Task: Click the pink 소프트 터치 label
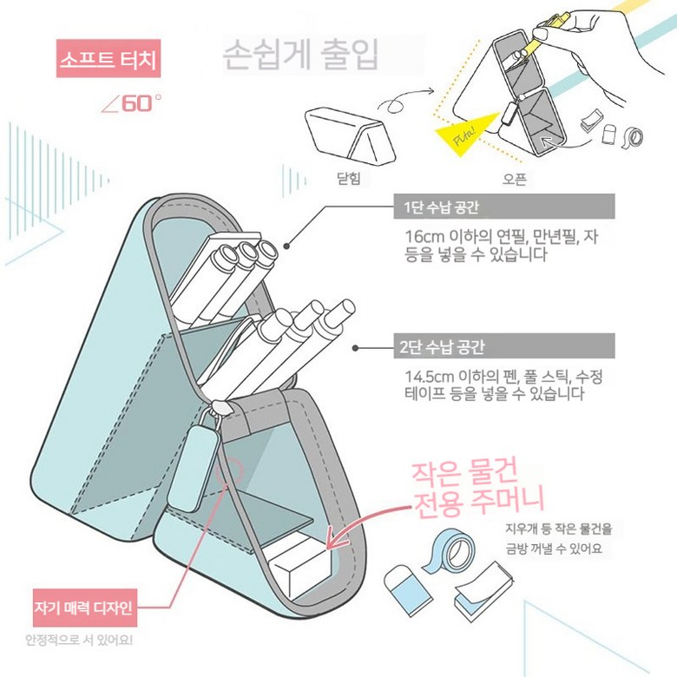coord(108,59)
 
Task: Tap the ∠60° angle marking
coord(131,103)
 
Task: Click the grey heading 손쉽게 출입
coord(301,55)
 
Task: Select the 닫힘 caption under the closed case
coord(348,178)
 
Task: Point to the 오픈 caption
coord(514,179)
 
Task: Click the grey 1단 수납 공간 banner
coord(504,207)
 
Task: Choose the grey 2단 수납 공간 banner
coord(504,345)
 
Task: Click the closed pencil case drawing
coord(350,136)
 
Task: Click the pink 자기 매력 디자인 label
coord(85,608)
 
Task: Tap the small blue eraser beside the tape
coord(407,589)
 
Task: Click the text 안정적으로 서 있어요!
coord(79,640)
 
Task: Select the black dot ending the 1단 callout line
coord(286,246)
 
